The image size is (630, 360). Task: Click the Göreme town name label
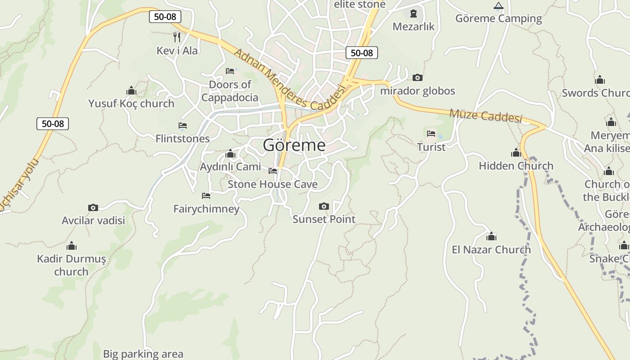(x=294, y=145)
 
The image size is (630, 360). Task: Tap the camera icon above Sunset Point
(x=324, y=207)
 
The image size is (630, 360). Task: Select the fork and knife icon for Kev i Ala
(x=177, y=37)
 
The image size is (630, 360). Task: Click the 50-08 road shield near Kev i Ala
(x=165, y=17)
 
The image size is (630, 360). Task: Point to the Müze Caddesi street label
(x=486, y=116)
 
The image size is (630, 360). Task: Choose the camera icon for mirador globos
(x=418, y=78)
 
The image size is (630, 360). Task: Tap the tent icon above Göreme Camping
(x=498, y=6)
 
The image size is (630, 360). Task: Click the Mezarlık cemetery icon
(x=414, y=13)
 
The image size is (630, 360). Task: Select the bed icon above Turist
(x=431, y=134)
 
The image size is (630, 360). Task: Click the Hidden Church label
(x=516, y=166)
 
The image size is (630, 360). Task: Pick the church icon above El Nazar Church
(x=491, y=236)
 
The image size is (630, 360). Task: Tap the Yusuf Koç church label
(x=131, y=103)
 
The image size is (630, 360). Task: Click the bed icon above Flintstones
(x=183, y=126)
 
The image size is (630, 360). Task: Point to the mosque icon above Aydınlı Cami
(x=230, y=154)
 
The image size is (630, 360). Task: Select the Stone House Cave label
(x=272, y=184)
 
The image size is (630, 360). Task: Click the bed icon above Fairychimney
(x=206, y=196)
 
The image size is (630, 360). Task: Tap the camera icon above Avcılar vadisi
(x=93, y=207)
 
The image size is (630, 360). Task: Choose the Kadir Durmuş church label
(x=72, y=265)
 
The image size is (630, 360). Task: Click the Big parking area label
(x=143, y=354)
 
